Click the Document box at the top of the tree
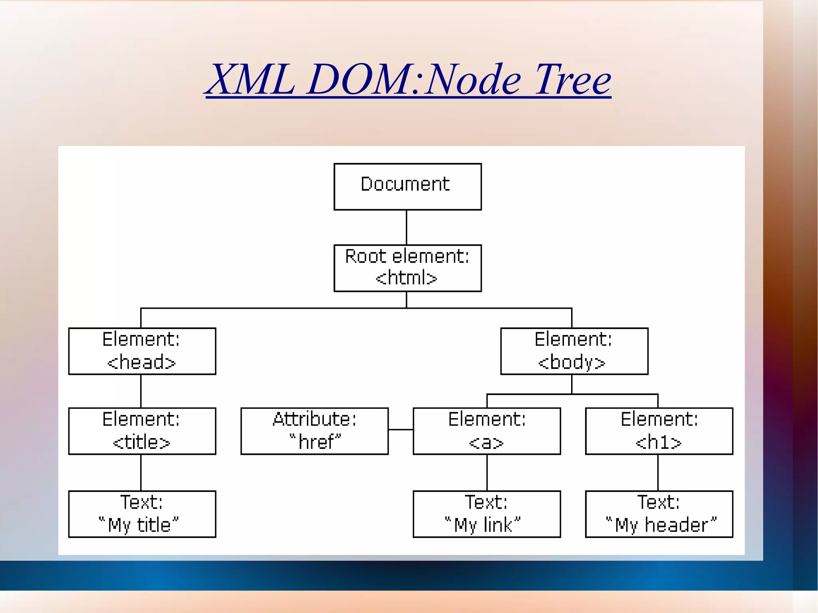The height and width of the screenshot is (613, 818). pos(407,186)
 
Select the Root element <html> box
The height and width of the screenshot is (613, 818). pos(407,268)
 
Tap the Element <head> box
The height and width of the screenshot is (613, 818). pos(142,351)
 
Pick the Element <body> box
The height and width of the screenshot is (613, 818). pos(574,351)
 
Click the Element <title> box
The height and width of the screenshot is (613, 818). pos(142,431)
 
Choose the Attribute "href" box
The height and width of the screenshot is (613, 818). pos(314,431)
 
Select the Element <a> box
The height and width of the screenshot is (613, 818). pos(486,431)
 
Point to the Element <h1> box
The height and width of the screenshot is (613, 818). pos(659,431)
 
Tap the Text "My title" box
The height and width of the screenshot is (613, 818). pos(142,514)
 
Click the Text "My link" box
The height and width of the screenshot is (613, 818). pos(486,514)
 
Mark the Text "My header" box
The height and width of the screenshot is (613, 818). pos(659,514)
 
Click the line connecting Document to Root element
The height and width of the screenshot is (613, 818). pos(406,227)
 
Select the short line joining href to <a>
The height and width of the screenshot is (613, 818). pos(401,430)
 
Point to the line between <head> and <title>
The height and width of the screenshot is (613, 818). pos(141,391)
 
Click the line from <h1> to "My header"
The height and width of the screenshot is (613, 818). pos(658,472)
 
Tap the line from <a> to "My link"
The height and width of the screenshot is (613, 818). pos(487,472)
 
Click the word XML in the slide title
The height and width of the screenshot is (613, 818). pos(252,80)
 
